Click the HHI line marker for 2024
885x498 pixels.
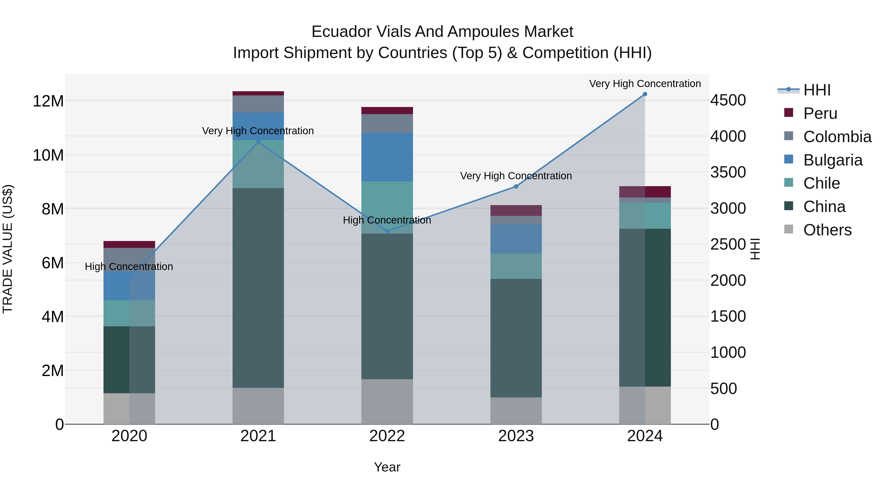pyautogui.click(x=645, y=94)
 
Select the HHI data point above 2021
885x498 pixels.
pyautogui.click(x=258, y=142)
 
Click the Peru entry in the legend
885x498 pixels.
pyautogui.click(x=820, y=113)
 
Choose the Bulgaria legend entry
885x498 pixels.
pyautogui.click(x=833, y=160)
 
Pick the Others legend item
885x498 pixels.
pyautogui.click(x=827, y=230)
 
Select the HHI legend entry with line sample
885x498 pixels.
pyautogui.click(x=817, y=90)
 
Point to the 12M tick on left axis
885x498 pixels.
pyautogui.click(x=48, y=101)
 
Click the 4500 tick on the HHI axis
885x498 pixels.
pyautogui.click(x=728, y=100)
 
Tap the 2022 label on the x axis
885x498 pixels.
pyautogui.click(x=387, y=436)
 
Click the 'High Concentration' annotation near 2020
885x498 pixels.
pyautogui.click(x=129, y=267)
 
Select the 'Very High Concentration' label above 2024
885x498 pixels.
pyautogui.click(x=645, y=84)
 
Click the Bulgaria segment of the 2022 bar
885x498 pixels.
pyautogui.click(x=387, y=157)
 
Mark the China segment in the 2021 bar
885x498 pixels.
pyautogui.click(x=258, y=288)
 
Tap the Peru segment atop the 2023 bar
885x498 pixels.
pyautogui.click(x=516, y=210)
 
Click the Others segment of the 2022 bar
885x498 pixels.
pyautogui.click(x=387, y=401)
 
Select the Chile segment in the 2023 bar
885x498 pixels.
pyautogui.click(x=516, y=266)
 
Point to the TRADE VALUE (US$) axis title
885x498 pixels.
pyautogui.click(x=8, y=249)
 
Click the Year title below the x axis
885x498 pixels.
pyautogui.click(x=387, y=467)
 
